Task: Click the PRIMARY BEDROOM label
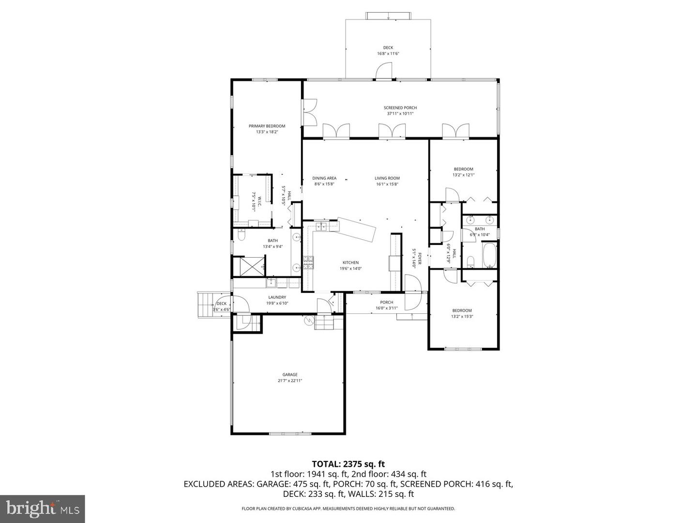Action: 267,126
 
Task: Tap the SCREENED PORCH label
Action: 400,108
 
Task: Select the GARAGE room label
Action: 290,374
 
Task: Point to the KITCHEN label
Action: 350,262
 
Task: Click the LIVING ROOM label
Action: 387,178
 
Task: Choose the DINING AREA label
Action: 324,178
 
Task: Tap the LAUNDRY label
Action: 277,297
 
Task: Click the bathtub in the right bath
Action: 489,255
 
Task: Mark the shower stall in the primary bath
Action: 249,266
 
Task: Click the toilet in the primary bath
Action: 241,235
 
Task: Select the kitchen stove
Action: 308,263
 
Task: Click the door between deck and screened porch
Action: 385,73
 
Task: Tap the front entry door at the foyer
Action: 413,293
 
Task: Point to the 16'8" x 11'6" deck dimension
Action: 388,54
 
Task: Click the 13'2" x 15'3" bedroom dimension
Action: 462,317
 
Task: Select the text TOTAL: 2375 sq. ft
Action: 348,464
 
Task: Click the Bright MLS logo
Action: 42,508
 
